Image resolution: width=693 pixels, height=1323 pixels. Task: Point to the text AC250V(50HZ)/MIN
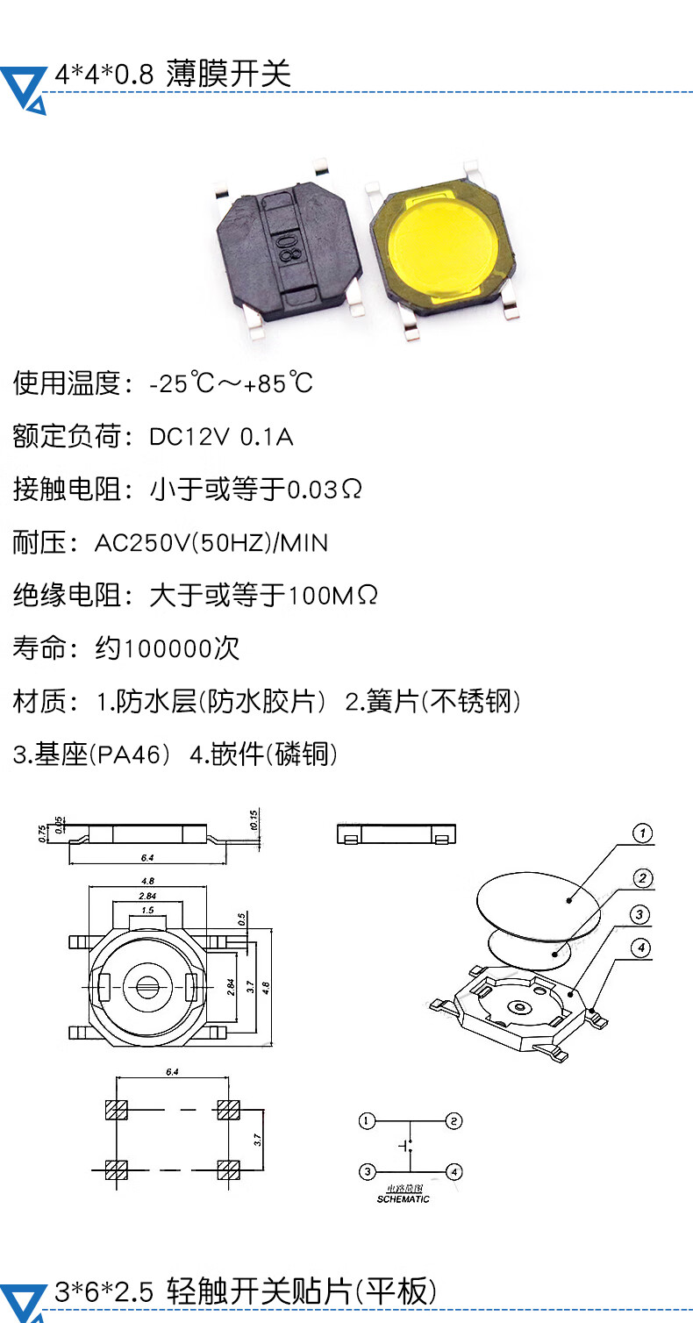[x=211, y=543]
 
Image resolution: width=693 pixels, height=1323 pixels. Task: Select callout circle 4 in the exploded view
[x=643, y=948]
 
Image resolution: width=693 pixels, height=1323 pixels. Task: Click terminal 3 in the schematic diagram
[x=368, y=1171]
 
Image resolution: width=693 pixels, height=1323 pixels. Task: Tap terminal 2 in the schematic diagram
[x=454, y=1120]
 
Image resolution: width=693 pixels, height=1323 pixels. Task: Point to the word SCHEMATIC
[x=404, y=1199]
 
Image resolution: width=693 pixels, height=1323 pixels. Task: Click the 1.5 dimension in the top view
[x=146, y=911]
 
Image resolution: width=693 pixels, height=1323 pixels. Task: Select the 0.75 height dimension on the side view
[x=42, y=834]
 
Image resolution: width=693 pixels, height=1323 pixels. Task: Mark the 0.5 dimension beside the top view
[x=241, y=919]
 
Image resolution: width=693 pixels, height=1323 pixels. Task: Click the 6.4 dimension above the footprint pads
[x=172, y=1072]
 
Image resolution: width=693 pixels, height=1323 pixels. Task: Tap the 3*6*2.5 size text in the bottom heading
[x=104, y=1292]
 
